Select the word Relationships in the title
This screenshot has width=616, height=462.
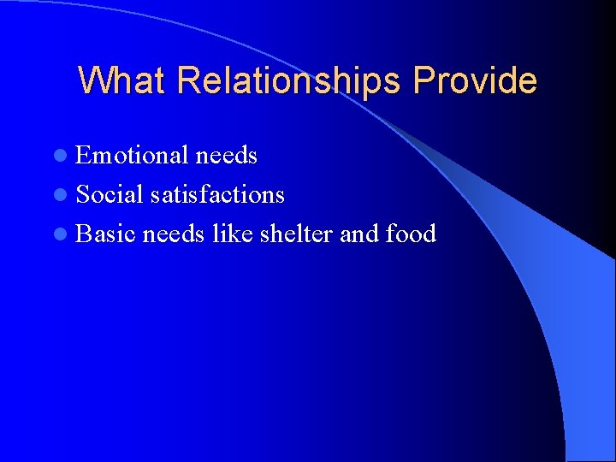(x=289, y=80)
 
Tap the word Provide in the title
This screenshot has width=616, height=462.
(x=475, y=80)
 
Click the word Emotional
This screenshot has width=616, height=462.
(x=132, y=155)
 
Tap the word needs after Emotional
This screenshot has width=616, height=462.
(x=226, y=155)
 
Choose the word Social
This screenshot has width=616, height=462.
(x=110, y=194)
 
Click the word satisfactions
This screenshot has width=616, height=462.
(x=217, y=194)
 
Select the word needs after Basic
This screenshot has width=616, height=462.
(x=174, y=234)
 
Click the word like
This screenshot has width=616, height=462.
(x=226, y=234)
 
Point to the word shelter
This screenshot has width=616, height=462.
(x=291, y=234)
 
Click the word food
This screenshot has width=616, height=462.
(x=411, y=234)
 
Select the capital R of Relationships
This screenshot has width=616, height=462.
(x=187, y=80)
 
